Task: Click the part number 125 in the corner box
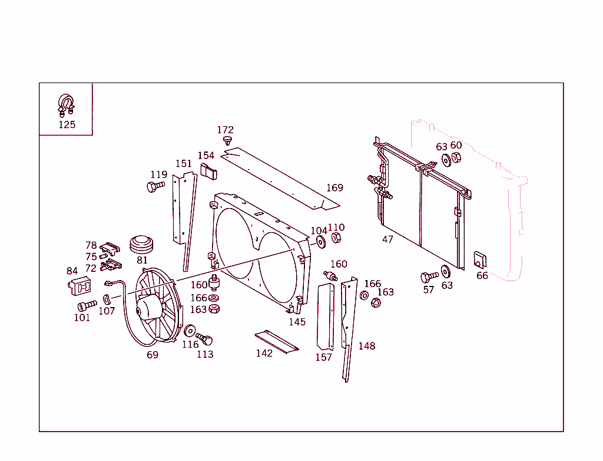click(67, 124)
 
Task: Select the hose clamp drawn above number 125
click(66, 104)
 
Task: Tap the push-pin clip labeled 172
click(227, 140)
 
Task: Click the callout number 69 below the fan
click(153, 355)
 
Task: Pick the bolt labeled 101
click(86, 305)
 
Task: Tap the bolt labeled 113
click(204, 340)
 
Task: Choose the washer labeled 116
click(190, 331)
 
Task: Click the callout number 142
click(264, 353)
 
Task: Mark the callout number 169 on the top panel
click(334, 187)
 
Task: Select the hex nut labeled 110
click(336, 238)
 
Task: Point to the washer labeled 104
click(321, 242)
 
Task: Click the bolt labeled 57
click(428, 276)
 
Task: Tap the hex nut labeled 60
click(456, 157)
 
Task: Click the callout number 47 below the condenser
click(387, 239)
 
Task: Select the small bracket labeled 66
click(480, 259)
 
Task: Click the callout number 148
click(367, 346)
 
